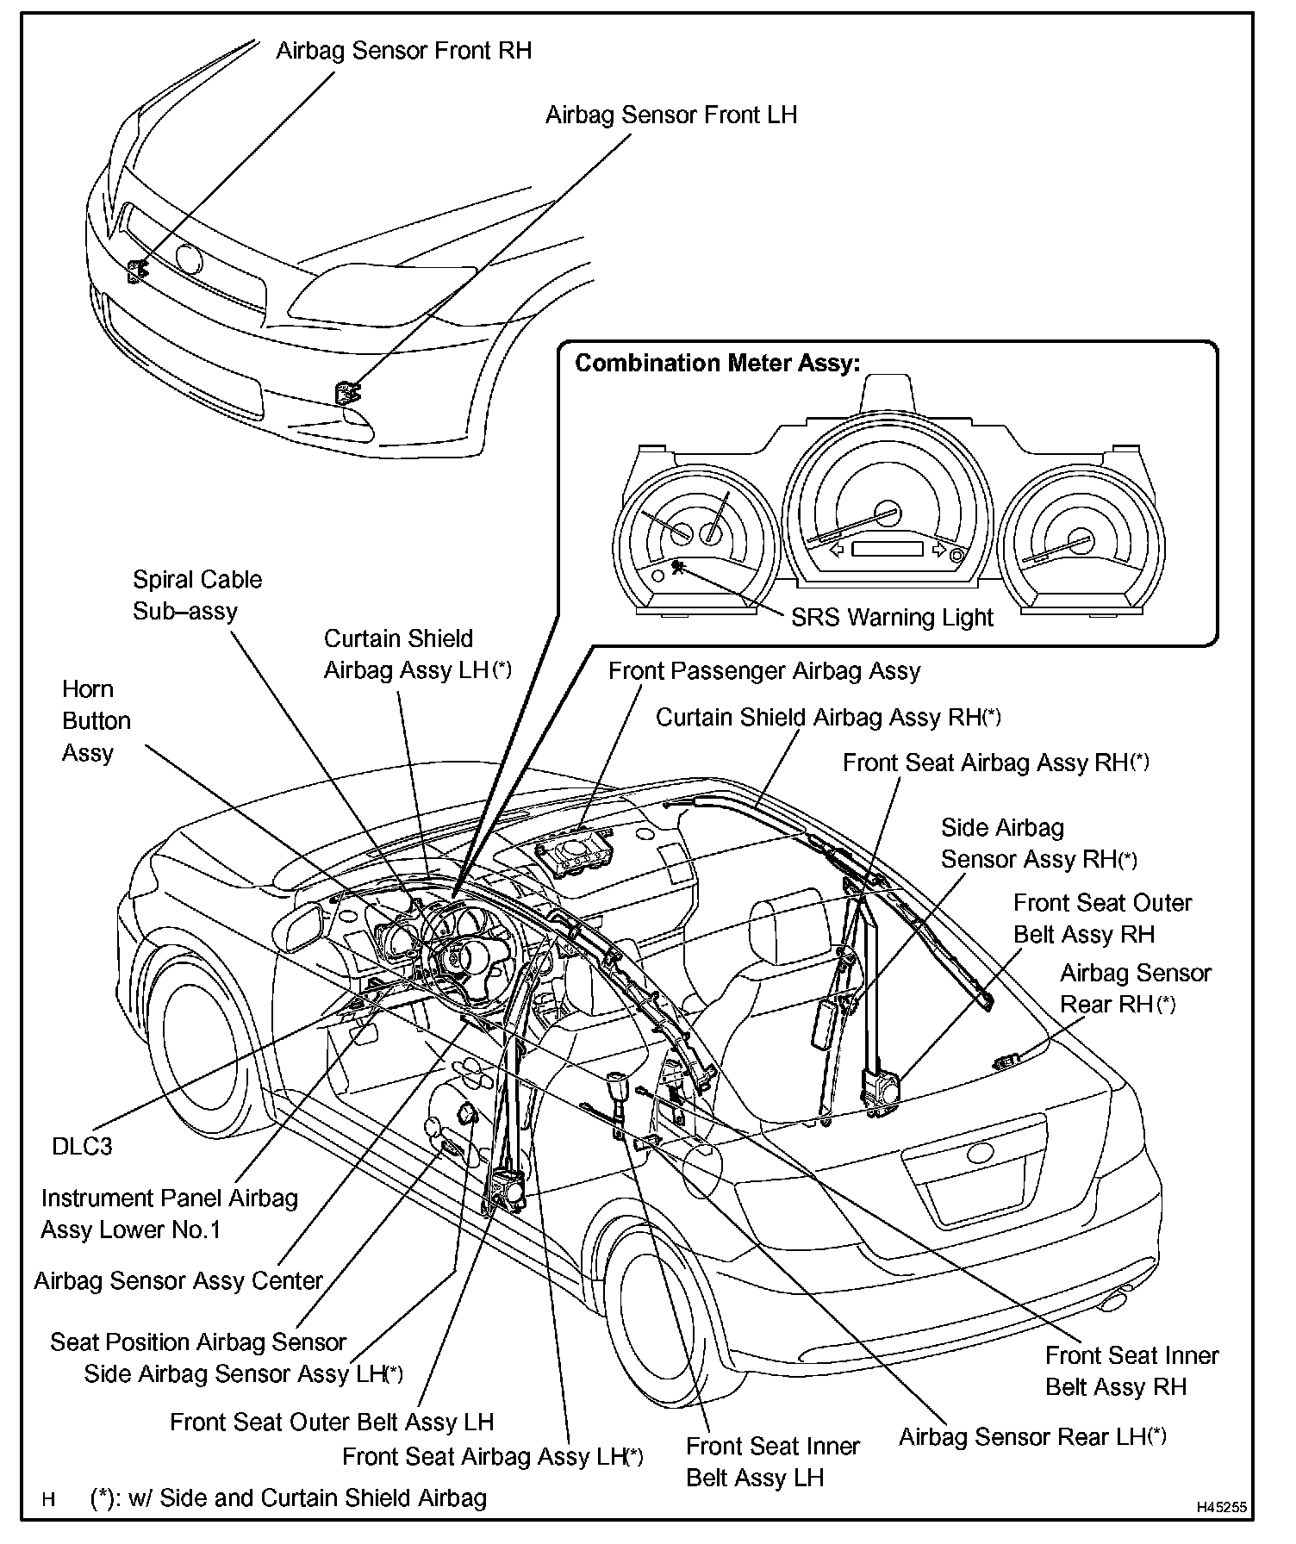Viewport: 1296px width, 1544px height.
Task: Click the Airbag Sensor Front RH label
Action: pyautogui.click(x=403, y=51)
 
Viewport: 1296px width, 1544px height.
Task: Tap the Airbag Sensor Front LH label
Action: pyautogui.click(x=670, y=115)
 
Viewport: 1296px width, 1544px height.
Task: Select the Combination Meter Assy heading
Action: pyautogui.click(x=717, y=364)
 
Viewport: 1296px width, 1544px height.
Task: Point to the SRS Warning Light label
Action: pyautogui.click(x=892, y=618)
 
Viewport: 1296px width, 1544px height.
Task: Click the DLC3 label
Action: pyautogui.click(x=82, y=1147)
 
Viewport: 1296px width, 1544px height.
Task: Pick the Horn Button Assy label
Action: pyautogui.click(x=96, y=721)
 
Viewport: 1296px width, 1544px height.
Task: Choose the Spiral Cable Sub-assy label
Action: pyautogui.click(x=196, y=595)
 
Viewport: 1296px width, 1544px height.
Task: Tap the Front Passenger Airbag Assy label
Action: pyautogui.click(x=763, y=671)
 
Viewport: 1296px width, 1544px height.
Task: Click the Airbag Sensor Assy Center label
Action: pyautogui.click(x=178, y=1281)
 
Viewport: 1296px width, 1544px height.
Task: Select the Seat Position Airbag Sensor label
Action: pyautogui.click(x=197, y=1342)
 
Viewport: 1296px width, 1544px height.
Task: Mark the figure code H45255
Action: pyautogui.click(x=1221, y=1508)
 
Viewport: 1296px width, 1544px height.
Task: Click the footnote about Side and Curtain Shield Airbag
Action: pyautogui.click(x=289, y=1498)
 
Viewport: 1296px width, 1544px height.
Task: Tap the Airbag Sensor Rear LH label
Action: pyautogui.click(x=1031, y=1437)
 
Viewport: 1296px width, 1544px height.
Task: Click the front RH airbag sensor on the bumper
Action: pyautogui.click(x=136, y=271)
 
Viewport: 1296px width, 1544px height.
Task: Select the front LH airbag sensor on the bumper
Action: pyautogui.click(x=348, y=394)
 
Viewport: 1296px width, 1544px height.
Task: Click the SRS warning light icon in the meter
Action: pyautogui.click(x=678, y=566)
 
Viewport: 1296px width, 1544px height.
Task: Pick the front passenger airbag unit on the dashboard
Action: pyautogui.click(x=572, y=854)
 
